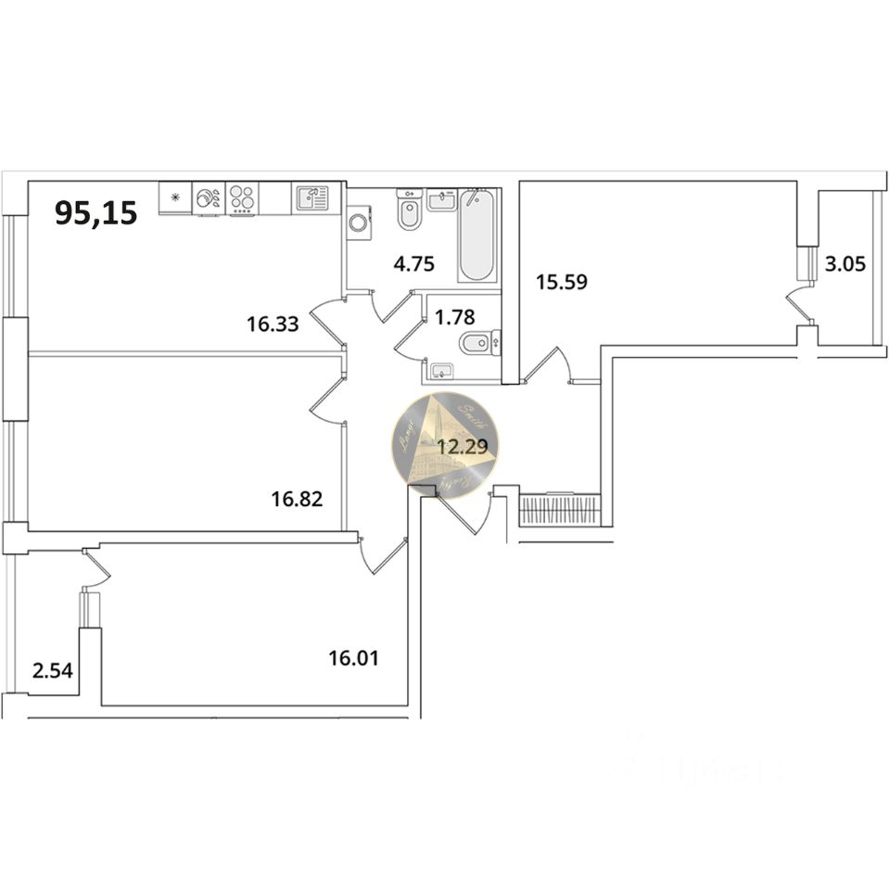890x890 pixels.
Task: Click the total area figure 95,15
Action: click(96, 213)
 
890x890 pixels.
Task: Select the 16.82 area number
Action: click(297, 501)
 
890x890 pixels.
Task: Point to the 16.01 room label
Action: click(354, 659)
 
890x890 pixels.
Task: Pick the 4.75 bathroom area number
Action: click(413, 264)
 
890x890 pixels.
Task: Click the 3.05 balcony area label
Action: click(845, 264)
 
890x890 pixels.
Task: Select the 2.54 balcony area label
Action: click(51, 669)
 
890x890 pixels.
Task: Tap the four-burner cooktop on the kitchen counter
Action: click(243, 198)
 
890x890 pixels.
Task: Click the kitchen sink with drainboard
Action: click(311, 198)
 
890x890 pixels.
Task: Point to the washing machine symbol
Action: click(358, 223)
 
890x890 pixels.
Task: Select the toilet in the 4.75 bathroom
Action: click(409, 211)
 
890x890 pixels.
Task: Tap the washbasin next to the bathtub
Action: click(441, 198)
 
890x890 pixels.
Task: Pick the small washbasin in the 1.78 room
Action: click(439, 373)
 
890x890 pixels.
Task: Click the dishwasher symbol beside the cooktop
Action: click(209, 198)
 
